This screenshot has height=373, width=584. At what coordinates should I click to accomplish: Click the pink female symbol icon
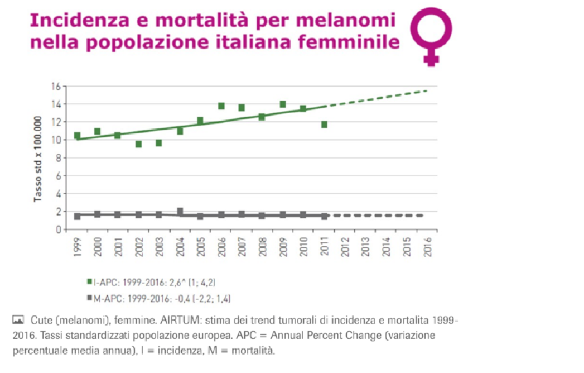pyautogui.click(x=431, y=37)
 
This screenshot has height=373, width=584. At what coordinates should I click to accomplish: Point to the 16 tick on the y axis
pyautogui.click(x=55, y=86)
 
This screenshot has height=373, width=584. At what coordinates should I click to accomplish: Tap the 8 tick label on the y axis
pyautogui.click(x=57, y=158)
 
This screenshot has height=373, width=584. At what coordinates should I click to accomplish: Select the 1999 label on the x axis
pyautogui.click(x=77, y=246)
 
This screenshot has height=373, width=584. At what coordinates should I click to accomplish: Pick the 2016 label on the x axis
pyautogui.click(x=428, y=246)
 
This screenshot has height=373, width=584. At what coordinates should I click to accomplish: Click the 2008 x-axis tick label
pyautogui.click(x=262, y=246)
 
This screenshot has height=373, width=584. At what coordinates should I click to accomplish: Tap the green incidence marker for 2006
pyautogui.click(x=221, y=106)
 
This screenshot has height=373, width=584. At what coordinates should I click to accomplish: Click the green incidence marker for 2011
pyautogui.click(x=324, y=125)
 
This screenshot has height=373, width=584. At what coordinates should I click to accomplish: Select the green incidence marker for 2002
pyautogui.click(x=138, y=144)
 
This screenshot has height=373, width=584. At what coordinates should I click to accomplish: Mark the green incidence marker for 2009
pyautogui.click(x=283, y=104)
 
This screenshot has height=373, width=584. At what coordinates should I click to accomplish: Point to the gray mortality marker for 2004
pyautogui.click(x=180, y=212)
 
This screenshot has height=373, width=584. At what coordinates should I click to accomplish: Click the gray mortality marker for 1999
pyautogui.click(x=77, y=216)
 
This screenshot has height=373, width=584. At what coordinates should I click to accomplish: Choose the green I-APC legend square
pyautogui.click(x=89, y=281)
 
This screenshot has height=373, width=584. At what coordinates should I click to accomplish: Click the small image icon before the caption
pyautogui.click(x=18, y=319)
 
